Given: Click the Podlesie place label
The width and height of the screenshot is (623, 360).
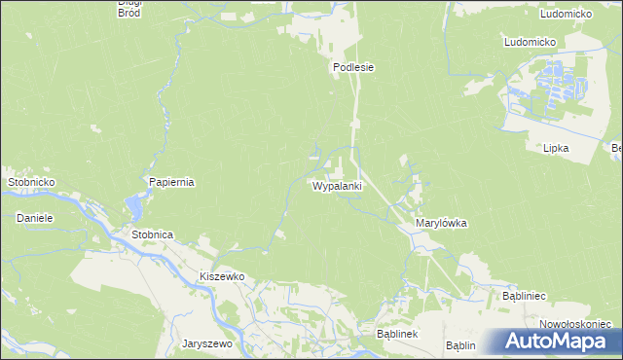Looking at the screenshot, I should [x=353, y=68].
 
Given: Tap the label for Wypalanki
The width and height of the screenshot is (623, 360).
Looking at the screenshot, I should [x=338, y=185].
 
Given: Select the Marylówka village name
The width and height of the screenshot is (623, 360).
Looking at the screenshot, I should [x=441, y=223].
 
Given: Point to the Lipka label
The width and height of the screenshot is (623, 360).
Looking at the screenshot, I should [x=556, y=148].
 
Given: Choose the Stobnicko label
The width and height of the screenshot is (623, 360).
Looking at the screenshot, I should [x=31, y=182].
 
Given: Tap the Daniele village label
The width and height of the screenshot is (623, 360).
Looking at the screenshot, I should [x=34, y=218].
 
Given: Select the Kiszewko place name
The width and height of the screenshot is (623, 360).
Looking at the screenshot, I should [x=221, y=277].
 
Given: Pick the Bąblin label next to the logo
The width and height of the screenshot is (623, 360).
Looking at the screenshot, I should [x=460, y=345].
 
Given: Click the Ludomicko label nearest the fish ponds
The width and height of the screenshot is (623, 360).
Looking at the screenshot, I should [x=529, y=43].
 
